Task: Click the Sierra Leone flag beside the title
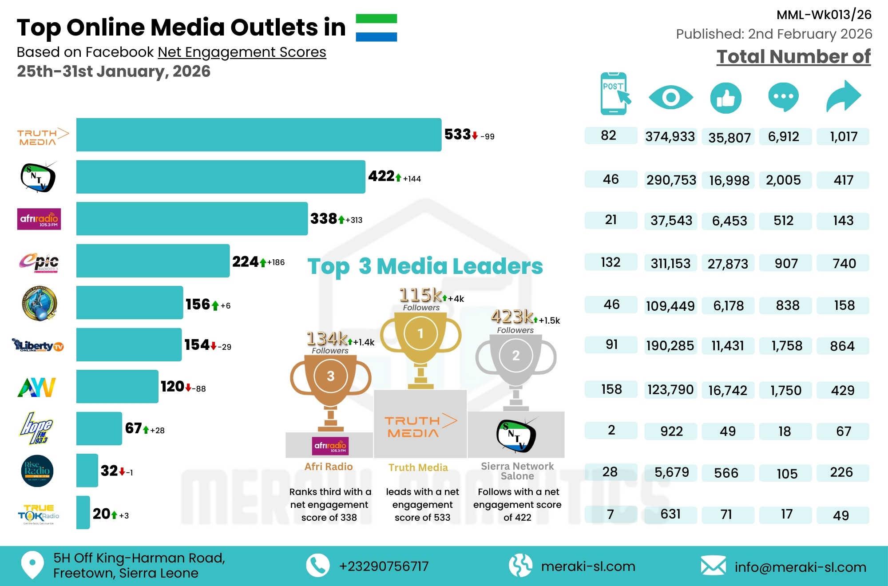coord(376,28)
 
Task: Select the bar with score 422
coord(221,177)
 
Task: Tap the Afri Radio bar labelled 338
coord(192,218)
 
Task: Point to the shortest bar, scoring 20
coord(83,512)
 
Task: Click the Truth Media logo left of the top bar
coord(43,137)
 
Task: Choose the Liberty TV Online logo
coord(38,345)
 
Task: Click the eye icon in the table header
coord(670,97)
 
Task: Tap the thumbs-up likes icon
coord(725,98)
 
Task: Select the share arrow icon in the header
coord(843,96)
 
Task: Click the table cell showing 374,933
coord(670,136)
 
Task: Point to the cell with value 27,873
coord(728,264)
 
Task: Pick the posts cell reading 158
coord(611,389)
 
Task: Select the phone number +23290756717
coord(384,566)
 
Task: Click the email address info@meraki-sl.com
coord(800,567)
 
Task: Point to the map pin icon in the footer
coord(32,565)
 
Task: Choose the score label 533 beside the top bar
coord(457,135)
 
